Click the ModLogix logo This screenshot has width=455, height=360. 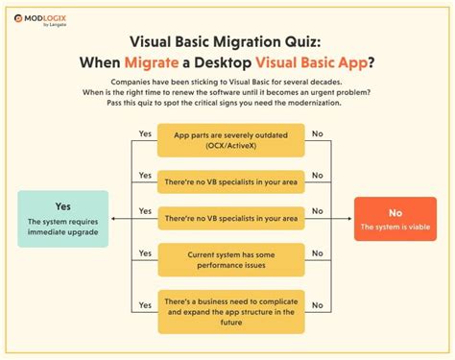[x=48, y=17]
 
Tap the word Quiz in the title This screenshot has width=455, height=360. [x=306, y=44]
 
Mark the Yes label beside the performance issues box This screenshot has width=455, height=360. [x=145, y=252]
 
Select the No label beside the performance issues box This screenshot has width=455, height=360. [x=318, y=252]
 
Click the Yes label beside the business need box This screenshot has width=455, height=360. [x=145, y=303]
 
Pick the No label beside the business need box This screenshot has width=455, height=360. [x=318, y=303]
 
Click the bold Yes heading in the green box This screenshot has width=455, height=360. [x=63, y=205]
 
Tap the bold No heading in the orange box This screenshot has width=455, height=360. [x=395, y=212]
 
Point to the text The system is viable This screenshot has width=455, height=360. [x=395, y=228]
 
